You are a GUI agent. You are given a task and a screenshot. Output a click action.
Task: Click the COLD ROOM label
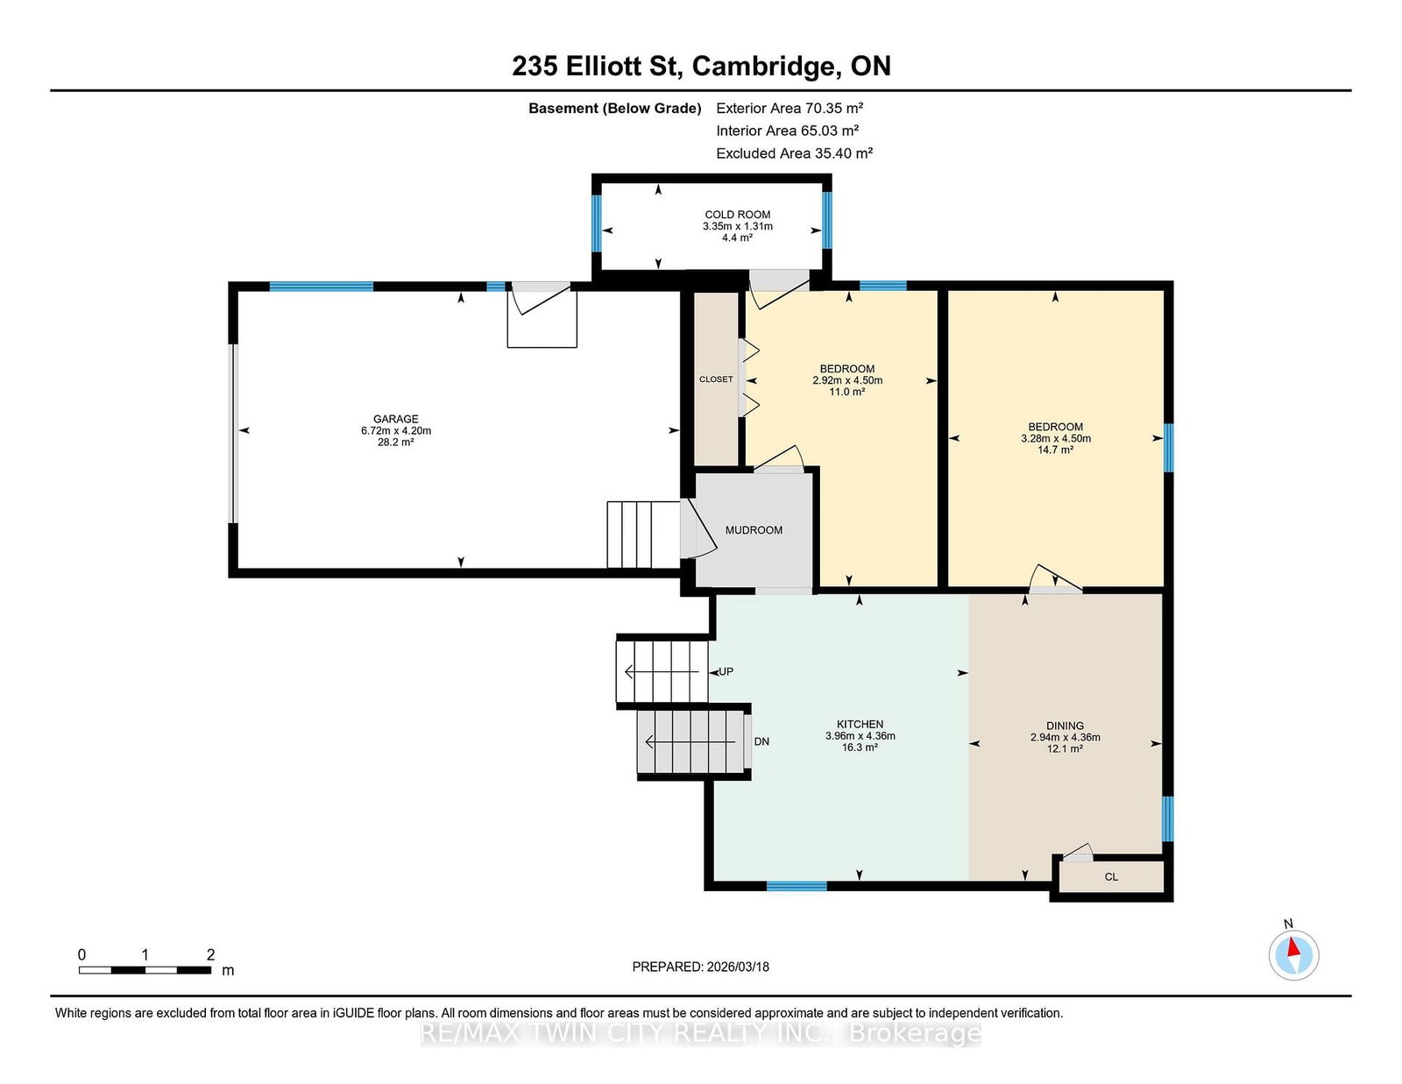(737, 214)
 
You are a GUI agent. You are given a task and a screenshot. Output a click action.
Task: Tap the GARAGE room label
(395, 419)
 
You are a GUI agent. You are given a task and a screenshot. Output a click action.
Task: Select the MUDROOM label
(754, 530)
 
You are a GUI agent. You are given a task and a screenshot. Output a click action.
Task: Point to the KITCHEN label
(860, 724)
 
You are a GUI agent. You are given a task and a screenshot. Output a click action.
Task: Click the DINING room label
(1065, 726)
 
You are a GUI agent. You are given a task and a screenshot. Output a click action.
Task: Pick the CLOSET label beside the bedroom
(716, 379)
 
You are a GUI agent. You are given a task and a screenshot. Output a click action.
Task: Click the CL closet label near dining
(1111, 877)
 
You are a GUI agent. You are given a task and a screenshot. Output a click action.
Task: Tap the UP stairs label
(726, 671)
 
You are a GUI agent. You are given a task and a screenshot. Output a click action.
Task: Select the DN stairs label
(761, 741)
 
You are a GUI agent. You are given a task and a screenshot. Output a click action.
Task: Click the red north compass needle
(1293, 947)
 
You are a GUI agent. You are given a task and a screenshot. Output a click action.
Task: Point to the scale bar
(145, 970)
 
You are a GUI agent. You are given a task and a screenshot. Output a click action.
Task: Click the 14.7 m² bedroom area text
(1055, 450)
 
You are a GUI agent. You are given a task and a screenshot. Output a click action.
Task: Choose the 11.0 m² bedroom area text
(846, 392)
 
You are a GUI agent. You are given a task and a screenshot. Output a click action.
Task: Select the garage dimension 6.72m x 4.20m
(395, 430)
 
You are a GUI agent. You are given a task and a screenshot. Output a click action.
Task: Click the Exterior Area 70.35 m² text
(790, 108)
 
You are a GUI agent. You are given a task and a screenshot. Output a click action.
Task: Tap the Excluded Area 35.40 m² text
(794, 153)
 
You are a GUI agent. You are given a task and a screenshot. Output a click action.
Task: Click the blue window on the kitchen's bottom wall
(797, 886)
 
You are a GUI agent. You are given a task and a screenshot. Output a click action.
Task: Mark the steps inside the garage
(643, 535)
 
